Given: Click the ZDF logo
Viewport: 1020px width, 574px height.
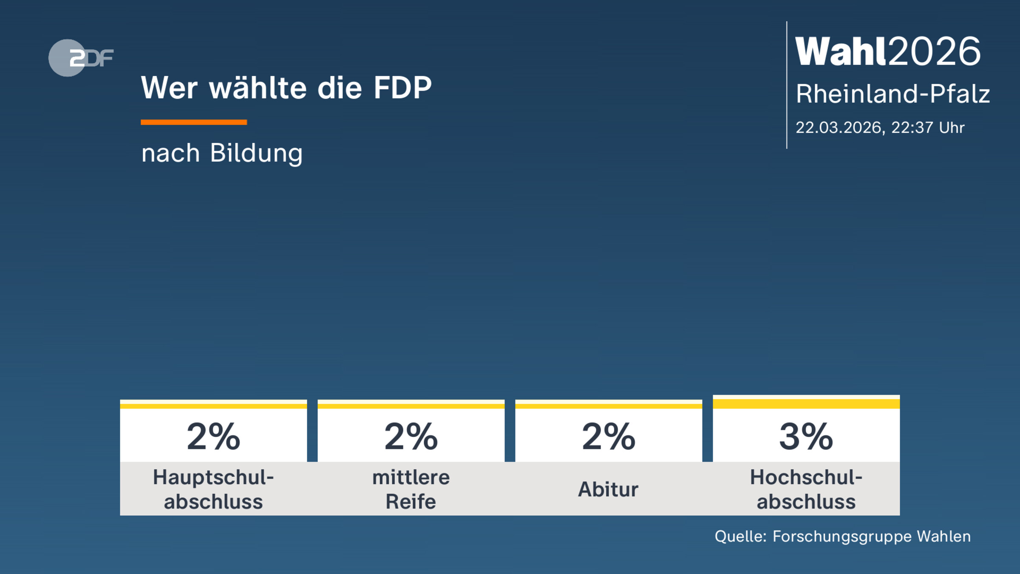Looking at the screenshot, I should tap(81, 58).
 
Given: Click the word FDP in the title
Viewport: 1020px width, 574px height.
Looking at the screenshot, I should tap(402, 88).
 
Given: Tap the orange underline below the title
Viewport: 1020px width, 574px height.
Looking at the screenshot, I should tap(194, 122).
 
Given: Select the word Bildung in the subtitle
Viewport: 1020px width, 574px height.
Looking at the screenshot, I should tap(256, 153).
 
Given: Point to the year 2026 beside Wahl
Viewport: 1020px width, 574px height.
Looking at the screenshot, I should tap(935, 51).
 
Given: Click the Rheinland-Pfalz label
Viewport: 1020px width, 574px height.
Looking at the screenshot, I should tap(892, 94).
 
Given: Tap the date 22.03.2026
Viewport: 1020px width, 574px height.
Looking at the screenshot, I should tap(840, 128).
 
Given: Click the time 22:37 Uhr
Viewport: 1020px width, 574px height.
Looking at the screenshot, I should tap(928, 128).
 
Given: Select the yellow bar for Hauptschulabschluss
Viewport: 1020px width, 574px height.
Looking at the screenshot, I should tap(213, 406).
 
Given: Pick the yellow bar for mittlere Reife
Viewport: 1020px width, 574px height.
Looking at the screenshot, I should tap(411, 406).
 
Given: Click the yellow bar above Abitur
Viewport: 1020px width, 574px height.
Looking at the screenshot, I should tap(609, 406).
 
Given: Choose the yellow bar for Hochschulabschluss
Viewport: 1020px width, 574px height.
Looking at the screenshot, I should tap(806, 403).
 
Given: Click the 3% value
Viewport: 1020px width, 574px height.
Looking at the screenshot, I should tap(806, 437).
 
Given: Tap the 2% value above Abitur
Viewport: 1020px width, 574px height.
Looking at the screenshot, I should tap(609, 437).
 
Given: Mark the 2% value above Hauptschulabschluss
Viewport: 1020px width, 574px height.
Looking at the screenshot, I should tap(213, 437).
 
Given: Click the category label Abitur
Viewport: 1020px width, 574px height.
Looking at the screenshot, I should tap(608, 489).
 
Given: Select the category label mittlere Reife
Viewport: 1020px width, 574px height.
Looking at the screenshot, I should tap(411, 489).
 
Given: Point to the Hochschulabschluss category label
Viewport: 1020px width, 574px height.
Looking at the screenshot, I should tap(806, 489).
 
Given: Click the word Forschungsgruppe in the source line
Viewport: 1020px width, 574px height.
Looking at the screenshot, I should tap(842, 537).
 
